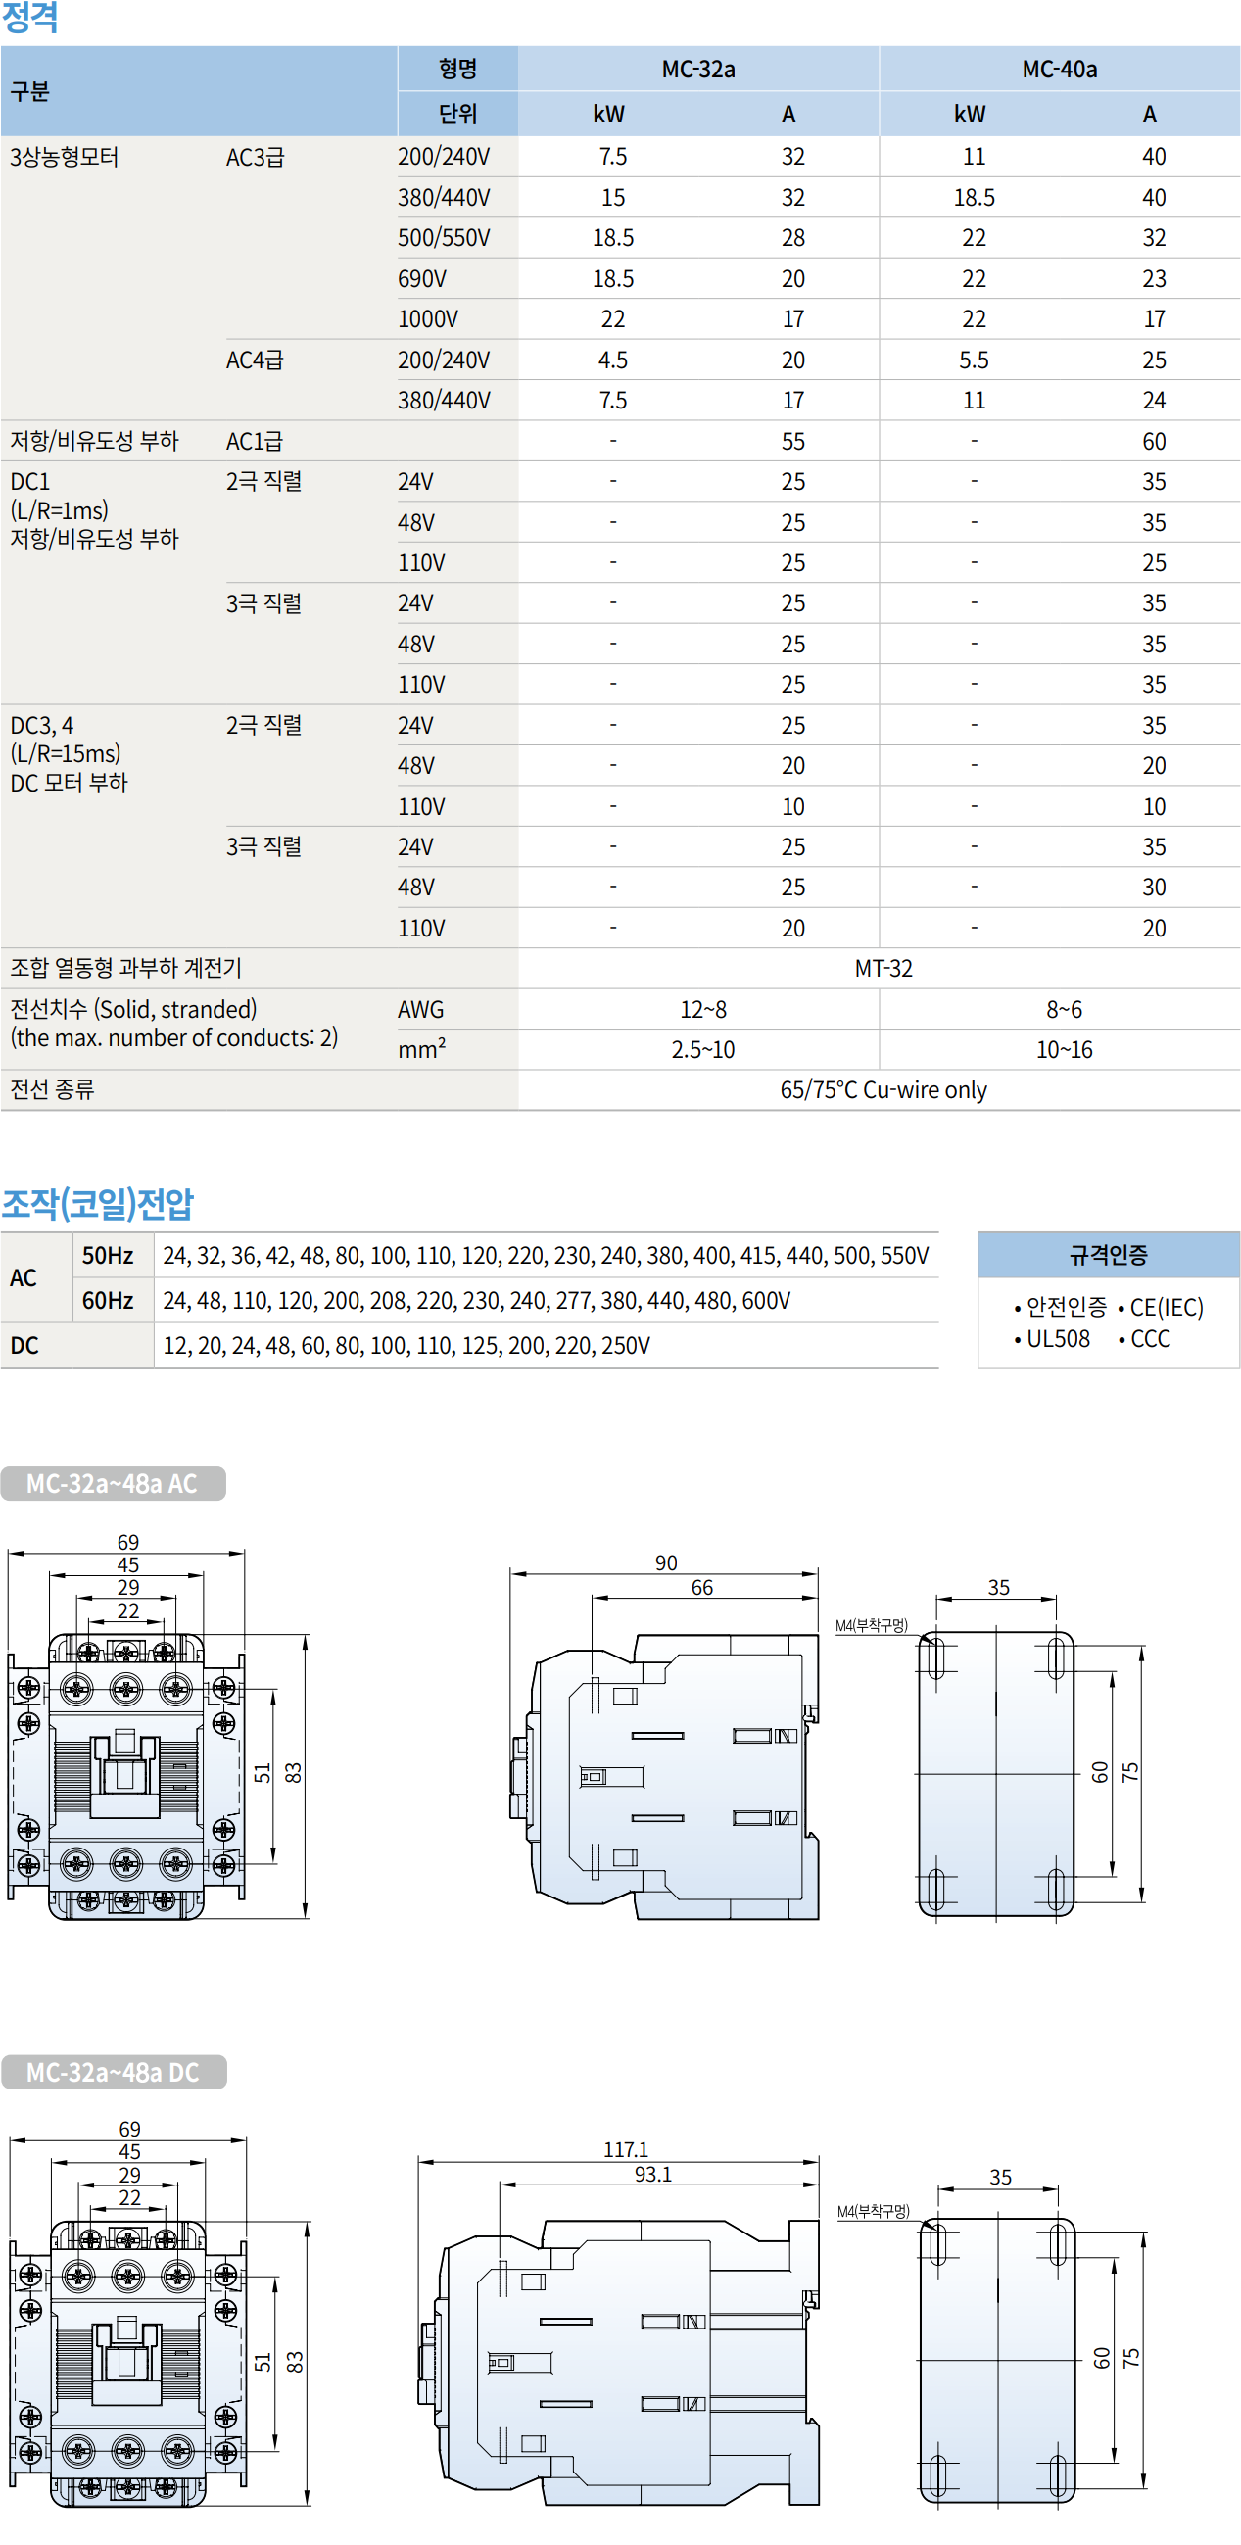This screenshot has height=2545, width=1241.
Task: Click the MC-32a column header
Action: tap(697, 70)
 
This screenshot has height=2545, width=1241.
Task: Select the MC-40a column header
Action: tap(1058, 70)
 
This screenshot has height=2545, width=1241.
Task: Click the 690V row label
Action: tap(422, 278)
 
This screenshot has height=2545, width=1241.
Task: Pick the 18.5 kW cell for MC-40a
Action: tap(974, 198)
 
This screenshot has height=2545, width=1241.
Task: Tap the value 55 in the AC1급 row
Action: tap(792, 442)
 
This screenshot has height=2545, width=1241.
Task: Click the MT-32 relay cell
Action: tap(883, 968)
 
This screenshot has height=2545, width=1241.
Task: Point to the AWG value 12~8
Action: tap(702, 1010)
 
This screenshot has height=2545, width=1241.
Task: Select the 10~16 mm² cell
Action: tap(1063, 1050)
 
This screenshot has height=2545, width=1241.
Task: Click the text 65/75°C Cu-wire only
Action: tap(883, 1089)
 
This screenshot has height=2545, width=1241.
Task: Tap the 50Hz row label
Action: tap(108, 1256)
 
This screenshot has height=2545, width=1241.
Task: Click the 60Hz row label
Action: tap(108, 1300)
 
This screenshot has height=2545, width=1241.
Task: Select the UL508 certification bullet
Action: tap(1056, 1339)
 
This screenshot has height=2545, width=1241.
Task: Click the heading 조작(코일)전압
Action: tap(98, 1203)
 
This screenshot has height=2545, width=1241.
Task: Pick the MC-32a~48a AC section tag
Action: tap(112, 1483)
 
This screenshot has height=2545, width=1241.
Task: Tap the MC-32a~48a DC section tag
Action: tap(113, 2072)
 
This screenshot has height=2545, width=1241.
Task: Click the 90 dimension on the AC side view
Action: tap(666, 1563)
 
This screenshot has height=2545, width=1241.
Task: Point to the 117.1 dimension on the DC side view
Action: tap(626, 2150)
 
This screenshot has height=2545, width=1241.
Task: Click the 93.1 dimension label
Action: tap(653, 2174)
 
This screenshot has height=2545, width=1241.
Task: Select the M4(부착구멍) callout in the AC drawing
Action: tap(871, 1625)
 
